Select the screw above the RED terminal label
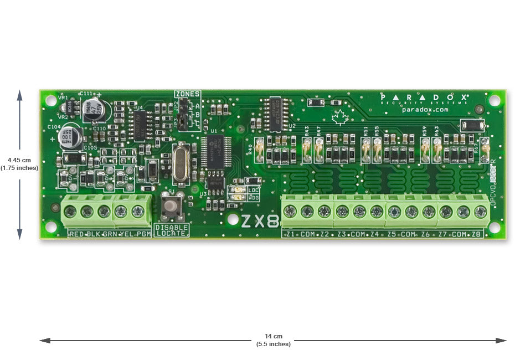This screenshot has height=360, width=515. pos(70,211)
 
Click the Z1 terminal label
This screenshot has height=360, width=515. pos(291,234)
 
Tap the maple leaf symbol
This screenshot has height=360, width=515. pos(337,116)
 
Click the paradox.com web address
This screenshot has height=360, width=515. pos(425,110)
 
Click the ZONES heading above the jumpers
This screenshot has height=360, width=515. pos(187,94)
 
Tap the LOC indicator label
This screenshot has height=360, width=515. pos(254,190)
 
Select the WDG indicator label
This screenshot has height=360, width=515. pos(254,197)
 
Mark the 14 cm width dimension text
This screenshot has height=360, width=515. pos(273,336)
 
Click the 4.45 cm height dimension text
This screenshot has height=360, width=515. pos(19,160)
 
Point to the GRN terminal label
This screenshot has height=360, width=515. pos(109,234)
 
